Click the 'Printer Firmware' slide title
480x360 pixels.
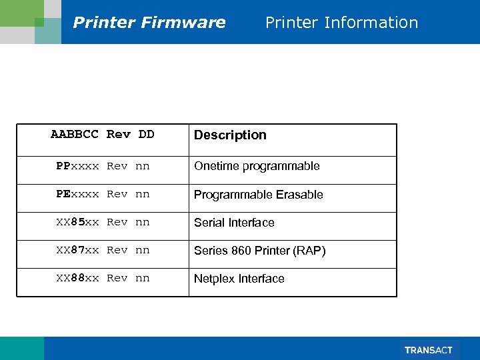(x=149, y=23)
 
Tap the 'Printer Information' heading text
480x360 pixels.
(x=341, y=23)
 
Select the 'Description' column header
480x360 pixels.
(x=230, y=135)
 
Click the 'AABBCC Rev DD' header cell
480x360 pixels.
(x=103, y=135)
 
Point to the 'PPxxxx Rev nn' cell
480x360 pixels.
(x=103, y=166)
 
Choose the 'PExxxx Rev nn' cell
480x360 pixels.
(x=103, y=194)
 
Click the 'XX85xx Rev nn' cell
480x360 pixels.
(x=103, y=222)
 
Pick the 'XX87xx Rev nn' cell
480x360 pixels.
(x=103, y=250)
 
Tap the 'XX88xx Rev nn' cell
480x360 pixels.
(x=103, y=278)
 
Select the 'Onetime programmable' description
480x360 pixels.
(x=257, y=166)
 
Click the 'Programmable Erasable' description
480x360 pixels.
(x=258, y=195)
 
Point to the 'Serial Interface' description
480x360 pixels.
(x=234, y=223)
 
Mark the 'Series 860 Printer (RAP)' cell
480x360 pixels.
(x=259, y=251)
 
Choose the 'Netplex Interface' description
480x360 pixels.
(x=239, y=279)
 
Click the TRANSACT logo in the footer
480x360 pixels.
(x=428, y=350)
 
